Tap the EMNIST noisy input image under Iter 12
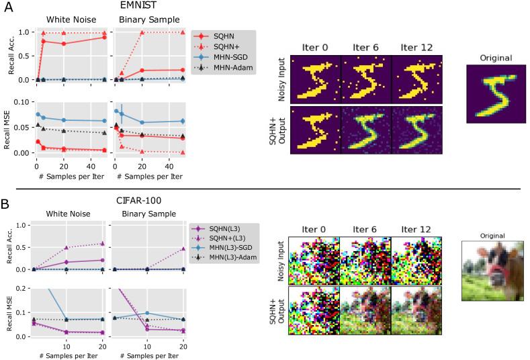(x=415, y=80)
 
